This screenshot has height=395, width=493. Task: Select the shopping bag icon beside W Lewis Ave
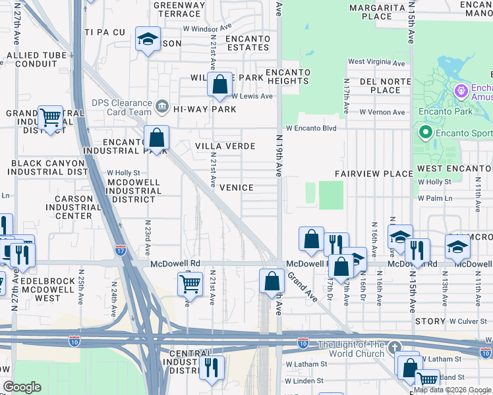[220, 85]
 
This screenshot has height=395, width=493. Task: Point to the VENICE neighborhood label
[236, 188]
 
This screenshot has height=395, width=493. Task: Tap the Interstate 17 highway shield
[120, 250]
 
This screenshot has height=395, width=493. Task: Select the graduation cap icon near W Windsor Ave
[148, 39]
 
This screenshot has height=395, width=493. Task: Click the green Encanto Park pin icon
[424, 134]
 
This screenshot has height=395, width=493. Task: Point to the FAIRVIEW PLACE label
[373, 173]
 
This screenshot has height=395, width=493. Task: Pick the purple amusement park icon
[461, 90]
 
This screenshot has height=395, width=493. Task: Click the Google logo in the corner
[22, 387]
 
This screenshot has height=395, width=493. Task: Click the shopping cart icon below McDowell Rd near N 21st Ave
[190, 284]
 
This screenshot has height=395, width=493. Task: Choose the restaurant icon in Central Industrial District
[211, 367]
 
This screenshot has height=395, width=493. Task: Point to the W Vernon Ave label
[382, 113]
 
